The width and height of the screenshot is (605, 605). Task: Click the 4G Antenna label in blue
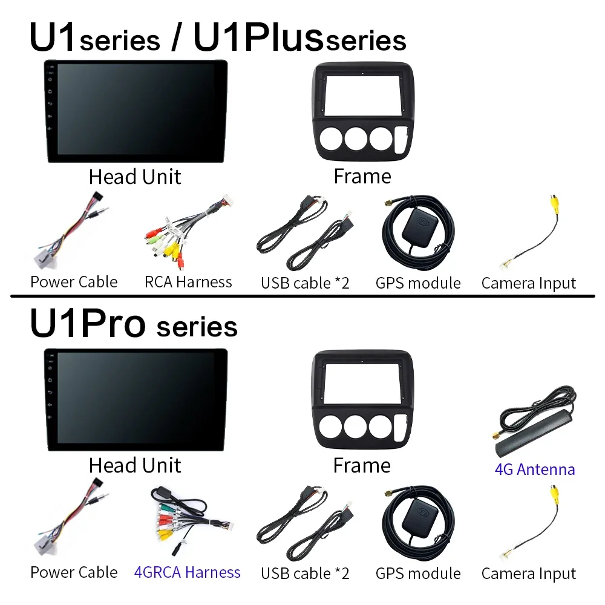pos(534,469)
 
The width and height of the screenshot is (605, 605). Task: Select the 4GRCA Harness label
pos(187,572)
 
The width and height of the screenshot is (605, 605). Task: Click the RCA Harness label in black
pos(188,282)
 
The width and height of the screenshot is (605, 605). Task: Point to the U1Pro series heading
pos(133,325)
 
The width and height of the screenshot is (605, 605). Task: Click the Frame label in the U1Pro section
pos(362,465)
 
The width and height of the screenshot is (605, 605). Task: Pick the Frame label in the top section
pos(362,176)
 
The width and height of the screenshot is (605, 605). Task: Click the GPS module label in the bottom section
pos(418,573)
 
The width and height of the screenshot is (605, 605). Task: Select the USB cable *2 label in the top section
pos(305,283)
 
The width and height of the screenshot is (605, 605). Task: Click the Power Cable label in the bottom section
pos(74,572)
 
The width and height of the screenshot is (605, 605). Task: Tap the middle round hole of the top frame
pos(355,137)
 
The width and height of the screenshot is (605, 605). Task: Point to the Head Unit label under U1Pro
pos(135,465)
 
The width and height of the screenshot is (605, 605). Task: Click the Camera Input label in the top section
pos(529,283)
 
